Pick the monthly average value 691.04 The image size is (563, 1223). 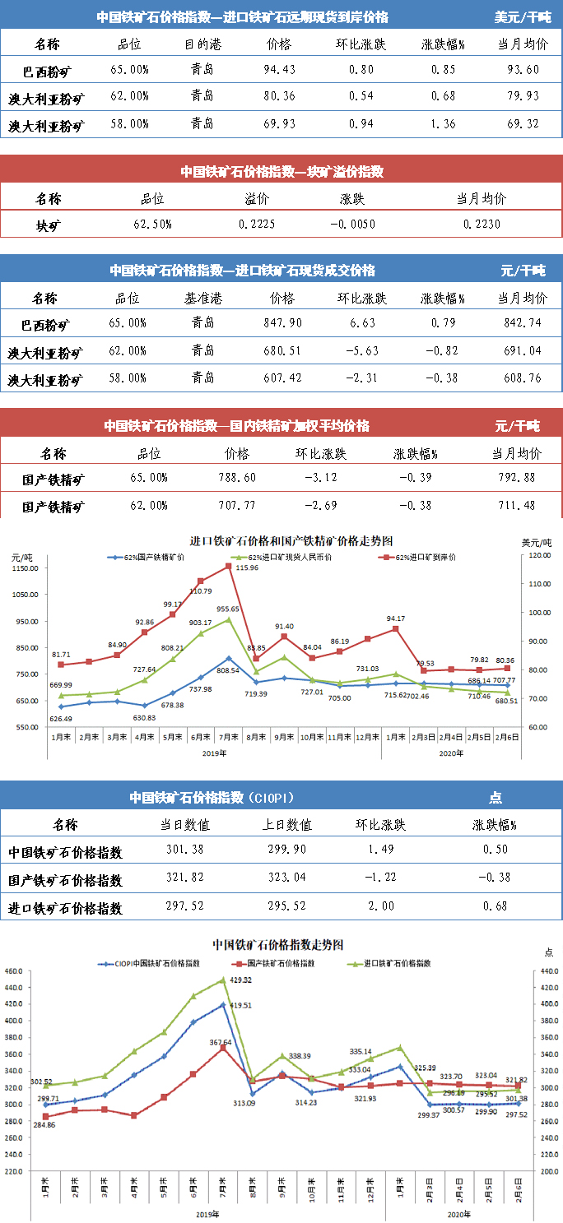[522, 350]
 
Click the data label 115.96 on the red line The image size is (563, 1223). [247, 568]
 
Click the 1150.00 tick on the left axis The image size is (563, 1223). [26, 568]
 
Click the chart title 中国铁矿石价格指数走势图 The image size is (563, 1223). [277, 944]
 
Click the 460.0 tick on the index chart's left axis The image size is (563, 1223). [14, 971]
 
